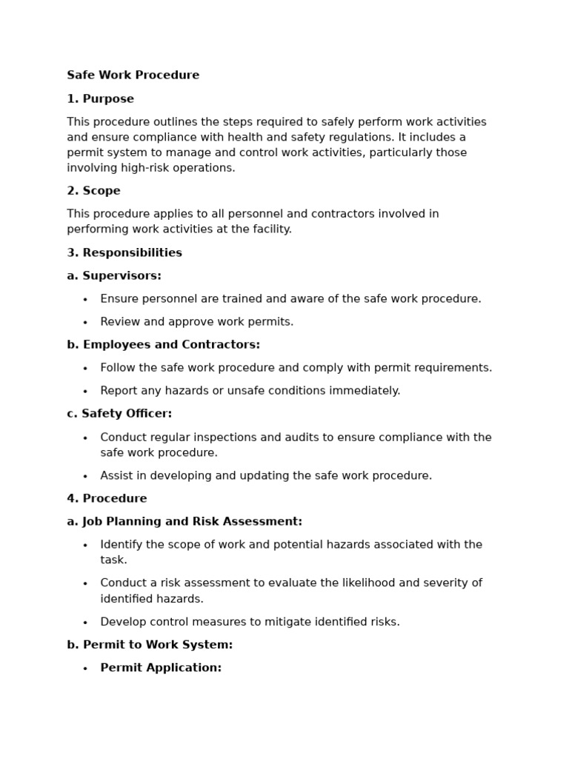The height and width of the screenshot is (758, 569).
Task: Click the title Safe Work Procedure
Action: coord(133,76)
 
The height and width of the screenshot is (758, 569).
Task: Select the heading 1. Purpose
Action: coord(100,99)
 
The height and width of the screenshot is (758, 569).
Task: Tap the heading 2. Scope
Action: coord(93,191)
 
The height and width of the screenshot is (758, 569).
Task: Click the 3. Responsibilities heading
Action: coord(124,253)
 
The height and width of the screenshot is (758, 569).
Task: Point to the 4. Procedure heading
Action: coord(107,499)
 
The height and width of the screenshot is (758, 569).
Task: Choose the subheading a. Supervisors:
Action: coord(113,276)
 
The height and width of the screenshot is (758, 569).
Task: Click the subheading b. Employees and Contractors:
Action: coord(163,345)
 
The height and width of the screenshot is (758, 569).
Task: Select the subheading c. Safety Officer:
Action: coord(119,414)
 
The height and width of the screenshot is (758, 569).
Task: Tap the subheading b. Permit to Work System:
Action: coord(150,645)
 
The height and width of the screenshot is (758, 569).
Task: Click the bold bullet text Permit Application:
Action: coord(161,668)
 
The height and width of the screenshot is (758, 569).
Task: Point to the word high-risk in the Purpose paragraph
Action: coord(139,168)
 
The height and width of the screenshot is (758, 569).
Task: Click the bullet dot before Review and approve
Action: coord(85,323)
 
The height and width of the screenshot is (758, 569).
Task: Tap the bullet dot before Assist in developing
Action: coord(85,477)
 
